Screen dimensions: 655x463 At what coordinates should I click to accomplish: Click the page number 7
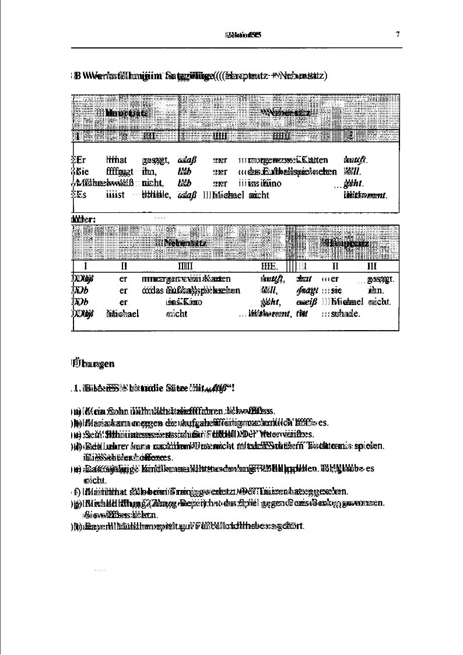pyautogui.click(x=398, y=34)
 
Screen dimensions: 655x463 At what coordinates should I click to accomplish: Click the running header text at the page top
pyautogui.click(x=242, y=34)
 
